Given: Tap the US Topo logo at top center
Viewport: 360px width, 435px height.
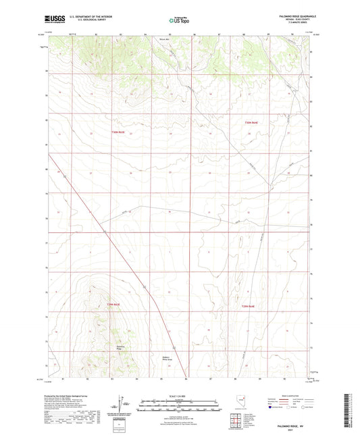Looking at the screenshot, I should (x=179, y=21).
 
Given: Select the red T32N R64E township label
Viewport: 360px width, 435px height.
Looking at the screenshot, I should (x=251, y=122).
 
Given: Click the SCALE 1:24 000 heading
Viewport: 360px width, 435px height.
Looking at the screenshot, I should (x=180, y=395).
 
